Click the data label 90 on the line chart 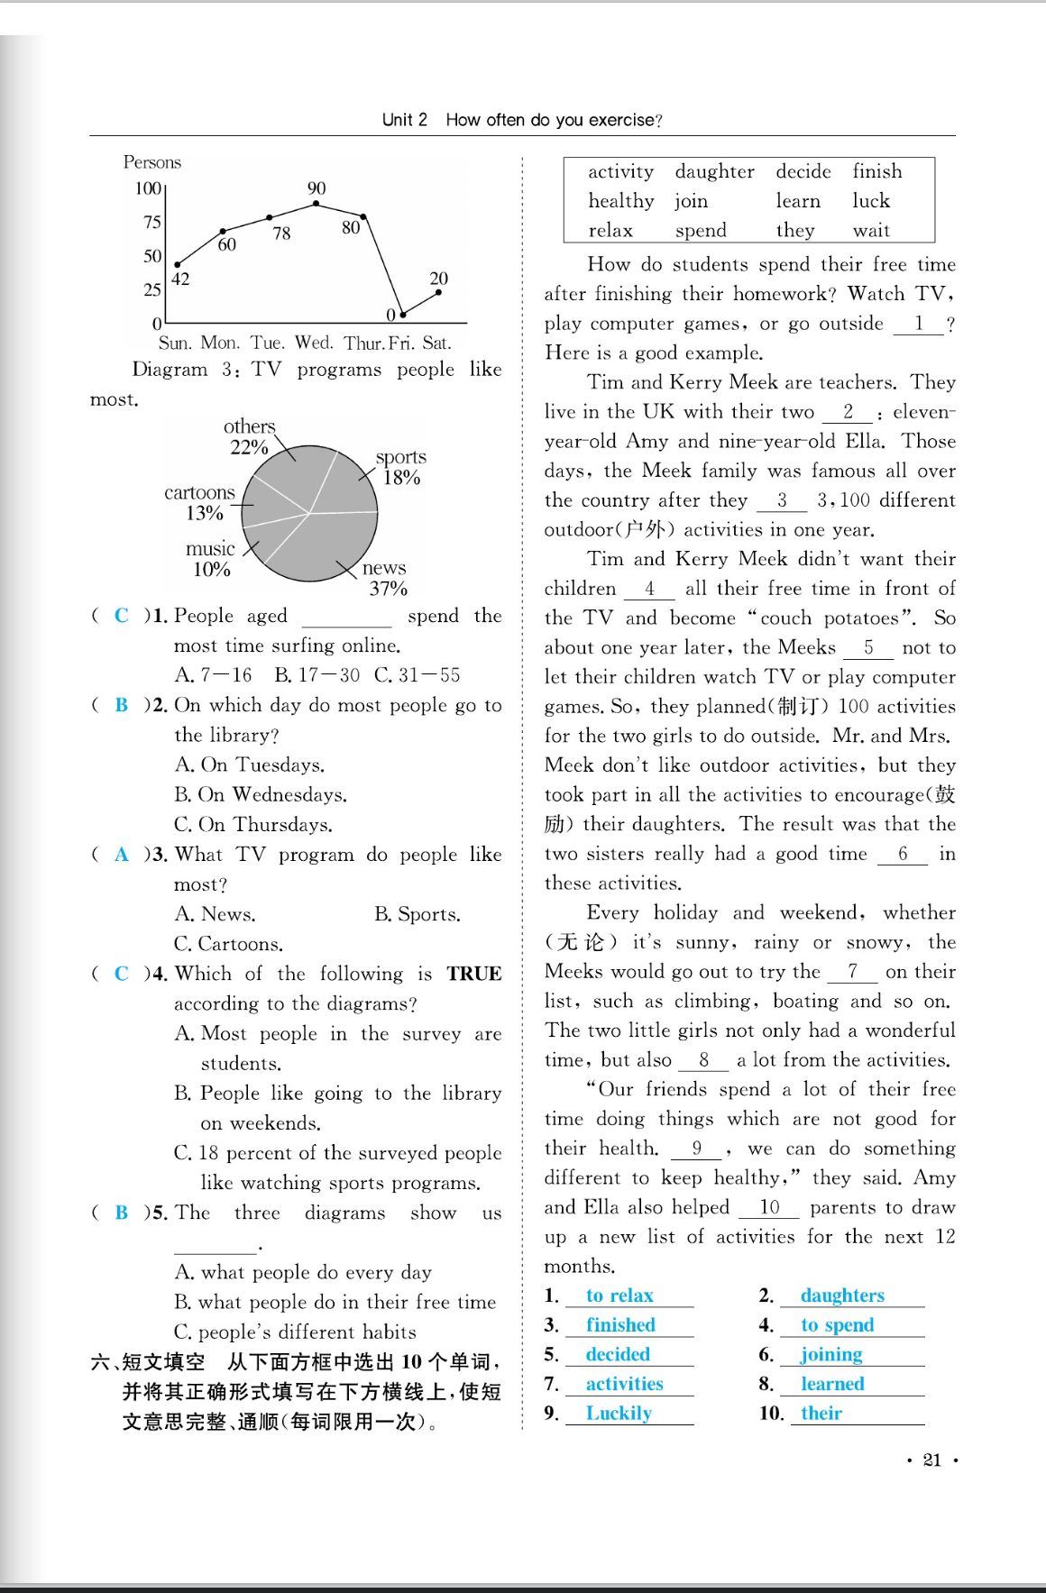[317, 188]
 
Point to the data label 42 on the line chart [180, 279]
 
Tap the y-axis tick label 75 [152, 223]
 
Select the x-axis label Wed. [314, 343]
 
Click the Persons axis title [152, 162]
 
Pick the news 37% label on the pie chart [386, 578]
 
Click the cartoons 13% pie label [200, 502]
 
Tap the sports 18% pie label [401, 467]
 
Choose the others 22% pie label [249, 436]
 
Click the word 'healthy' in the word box [621, 201]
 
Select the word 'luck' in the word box [871, 201]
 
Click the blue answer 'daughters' [842, 1295]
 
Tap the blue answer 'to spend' [838, 1325]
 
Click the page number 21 [932, 1460]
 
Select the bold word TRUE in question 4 [473, 974]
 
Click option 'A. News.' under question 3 [216, 914]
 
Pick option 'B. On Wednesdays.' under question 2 [261, 795]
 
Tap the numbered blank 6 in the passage [902, 854]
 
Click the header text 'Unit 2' [405, 120]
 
